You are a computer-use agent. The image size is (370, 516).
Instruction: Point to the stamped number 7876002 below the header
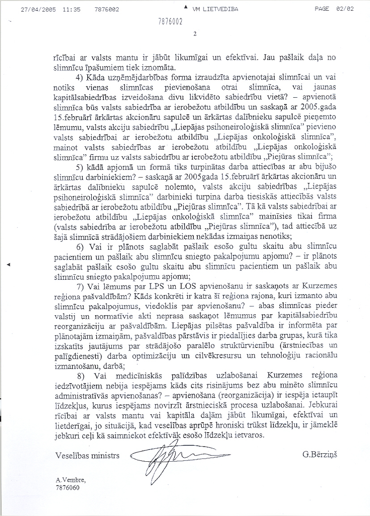tap(170, 22)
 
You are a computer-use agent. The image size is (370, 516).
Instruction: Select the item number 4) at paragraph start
tap(80, 78)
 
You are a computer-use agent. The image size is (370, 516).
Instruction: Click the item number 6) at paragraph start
tap(80, 247)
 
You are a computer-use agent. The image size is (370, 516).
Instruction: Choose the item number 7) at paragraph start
tap(80, 286)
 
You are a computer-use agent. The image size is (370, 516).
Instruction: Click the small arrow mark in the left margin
tap(9, 266)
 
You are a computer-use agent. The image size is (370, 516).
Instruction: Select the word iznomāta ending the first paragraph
tap(161, 68)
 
